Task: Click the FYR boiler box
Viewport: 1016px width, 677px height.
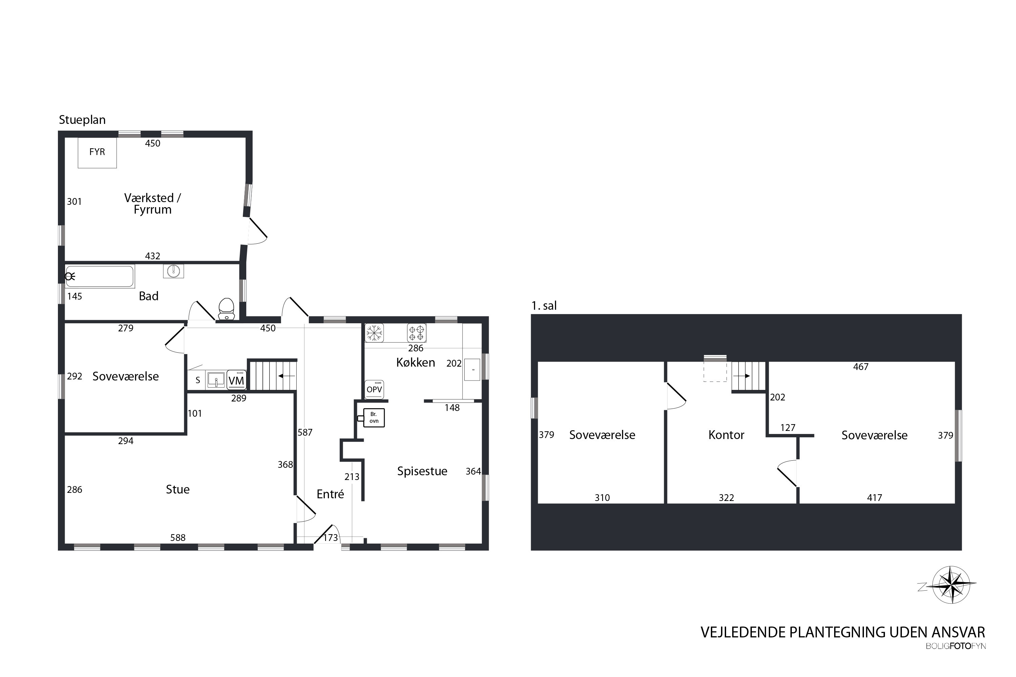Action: tap(97, 152)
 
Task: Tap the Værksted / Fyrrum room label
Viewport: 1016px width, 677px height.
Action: tap(152, 204)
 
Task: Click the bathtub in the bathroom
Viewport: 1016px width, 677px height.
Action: tap(100, 276)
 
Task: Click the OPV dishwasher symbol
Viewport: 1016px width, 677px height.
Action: tap(374, 389)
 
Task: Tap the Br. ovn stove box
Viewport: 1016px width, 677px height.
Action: tap(374, 417)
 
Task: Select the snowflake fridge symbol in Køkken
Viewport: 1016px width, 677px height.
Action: tap(374, 333)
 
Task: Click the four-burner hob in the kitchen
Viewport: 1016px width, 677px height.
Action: tap(417, 333)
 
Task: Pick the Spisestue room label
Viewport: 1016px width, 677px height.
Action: tap(422, 471)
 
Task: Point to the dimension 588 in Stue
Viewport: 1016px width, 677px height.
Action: tap(177, 538)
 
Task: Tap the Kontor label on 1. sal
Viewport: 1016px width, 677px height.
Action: tap(726, 435)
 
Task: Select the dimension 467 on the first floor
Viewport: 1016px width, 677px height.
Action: tap(861, 367)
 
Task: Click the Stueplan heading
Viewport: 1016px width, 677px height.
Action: tap(82, 120)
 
